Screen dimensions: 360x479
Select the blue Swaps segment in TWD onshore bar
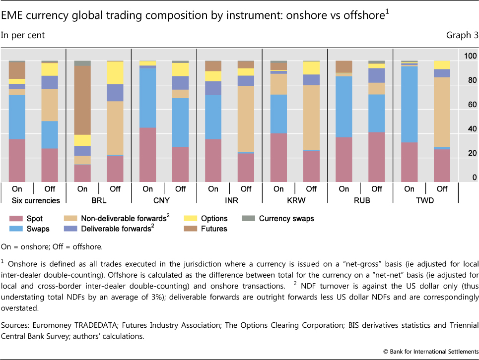410,104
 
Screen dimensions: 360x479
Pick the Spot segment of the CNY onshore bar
148,154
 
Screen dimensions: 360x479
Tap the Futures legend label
213,229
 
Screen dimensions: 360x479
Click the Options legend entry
214,218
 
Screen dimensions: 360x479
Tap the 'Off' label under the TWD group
442,189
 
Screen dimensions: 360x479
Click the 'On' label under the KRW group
279,189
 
